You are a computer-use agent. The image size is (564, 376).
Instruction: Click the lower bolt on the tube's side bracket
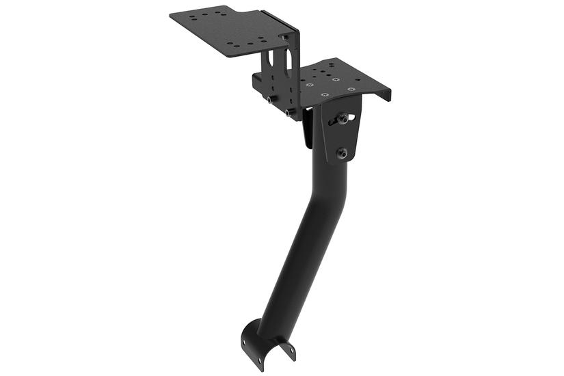[342, 152]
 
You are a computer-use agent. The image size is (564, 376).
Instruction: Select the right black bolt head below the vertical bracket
[292, 110]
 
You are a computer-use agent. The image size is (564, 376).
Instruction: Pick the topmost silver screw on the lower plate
[335, 79]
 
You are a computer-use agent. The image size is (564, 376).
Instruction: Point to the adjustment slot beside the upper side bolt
[350, 118]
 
